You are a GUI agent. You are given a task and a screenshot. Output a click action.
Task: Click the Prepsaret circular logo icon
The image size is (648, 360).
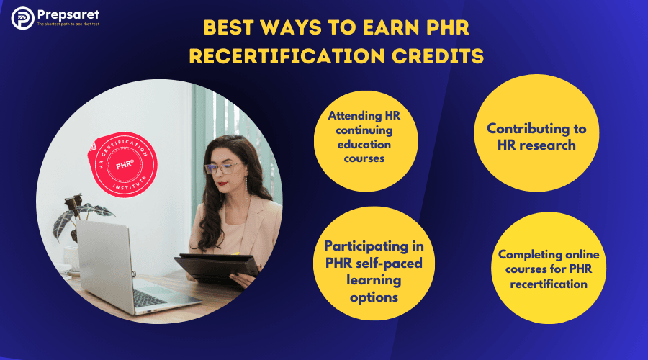pyautogui.click(x=23, y=18)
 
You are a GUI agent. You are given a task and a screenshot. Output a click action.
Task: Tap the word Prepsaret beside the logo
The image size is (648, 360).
pyautogui.click(x=68, y=15)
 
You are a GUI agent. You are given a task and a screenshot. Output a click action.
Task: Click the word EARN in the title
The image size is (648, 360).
pyautogui.click(x=390, y=27)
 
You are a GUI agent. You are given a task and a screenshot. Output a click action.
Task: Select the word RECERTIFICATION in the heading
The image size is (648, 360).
pyautogui.click(x=287, y=55)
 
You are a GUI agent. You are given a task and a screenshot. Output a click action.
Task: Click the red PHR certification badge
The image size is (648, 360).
pyautogui.click(x=122, y=164)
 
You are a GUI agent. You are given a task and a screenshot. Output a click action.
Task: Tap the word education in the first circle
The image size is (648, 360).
pyautogui.click(x=364, y=145)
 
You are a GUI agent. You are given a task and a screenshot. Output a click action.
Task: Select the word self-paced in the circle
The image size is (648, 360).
pyautogui.click(x=390, y=264)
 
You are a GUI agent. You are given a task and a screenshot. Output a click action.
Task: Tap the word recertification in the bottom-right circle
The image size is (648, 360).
pyautogui.click(x=549, y=284)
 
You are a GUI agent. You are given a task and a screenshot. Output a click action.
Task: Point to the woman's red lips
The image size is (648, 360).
pyautogui.click(x=222, y=184)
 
